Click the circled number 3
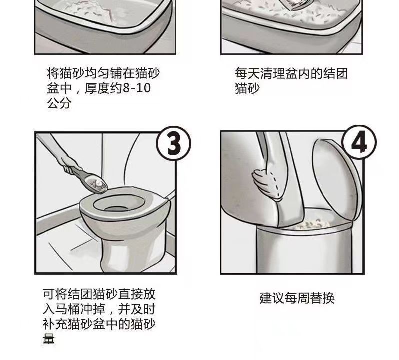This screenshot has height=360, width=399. click(174, 143)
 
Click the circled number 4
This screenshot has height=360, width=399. click(359, 142)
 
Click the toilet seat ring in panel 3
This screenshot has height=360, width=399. click(125, 204)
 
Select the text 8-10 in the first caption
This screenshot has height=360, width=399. click(137, 88)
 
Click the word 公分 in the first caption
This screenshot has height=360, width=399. click(59, 103)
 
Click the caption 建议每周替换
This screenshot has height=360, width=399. click(297, 298)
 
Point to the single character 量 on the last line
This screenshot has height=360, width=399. click(49, 339)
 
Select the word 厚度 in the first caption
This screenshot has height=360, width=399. click(97, 88)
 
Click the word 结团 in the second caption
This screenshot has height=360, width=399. click(335, 74)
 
